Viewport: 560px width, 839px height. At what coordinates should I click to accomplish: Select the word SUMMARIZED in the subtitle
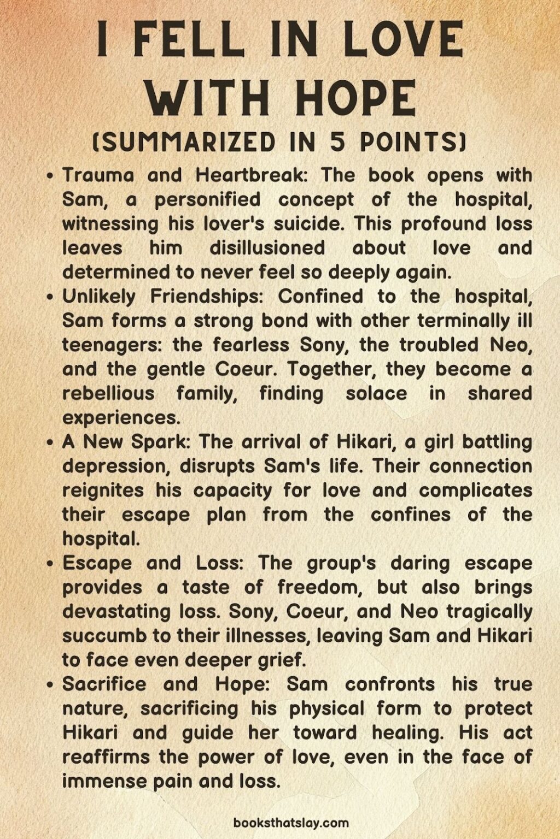click(x=188, y=142)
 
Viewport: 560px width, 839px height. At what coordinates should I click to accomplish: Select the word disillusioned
click(x=267, y=247)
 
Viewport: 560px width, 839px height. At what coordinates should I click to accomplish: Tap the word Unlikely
click(x=99, y=297)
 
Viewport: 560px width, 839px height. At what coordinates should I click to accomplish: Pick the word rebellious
click(x=108, y=393)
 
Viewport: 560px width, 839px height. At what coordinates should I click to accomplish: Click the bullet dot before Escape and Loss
click(x=50, y=564)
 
